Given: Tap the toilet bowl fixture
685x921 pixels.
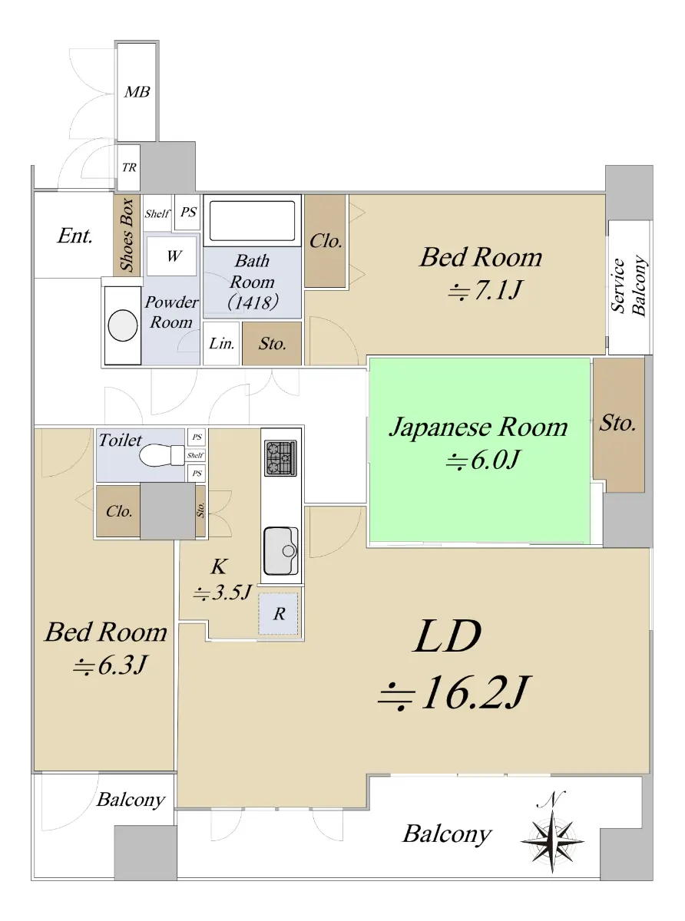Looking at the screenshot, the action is pos(162,456).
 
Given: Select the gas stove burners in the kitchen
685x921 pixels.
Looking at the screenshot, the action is pos(280,458).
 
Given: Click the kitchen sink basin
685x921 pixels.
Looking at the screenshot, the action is pos(280,550).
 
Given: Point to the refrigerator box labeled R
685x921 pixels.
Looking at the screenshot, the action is pos(278,614).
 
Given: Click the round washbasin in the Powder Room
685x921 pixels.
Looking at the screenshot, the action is pos(123,325).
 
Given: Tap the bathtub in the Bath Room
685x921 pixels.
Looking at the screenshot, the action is pos(252,220).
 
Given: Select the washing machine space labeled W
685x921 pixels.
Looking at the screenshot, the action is pos(171,256).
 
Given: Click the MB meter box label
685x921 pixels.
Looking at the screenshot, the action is pos(137,92).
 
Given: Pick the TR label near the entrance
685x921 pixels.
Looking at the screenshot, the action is pos(129,167).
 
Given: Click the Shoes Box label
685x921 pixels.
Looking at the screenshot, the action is pos(127,235).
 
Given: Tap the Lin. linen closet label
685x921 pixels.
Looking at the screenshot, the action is pos(221,343).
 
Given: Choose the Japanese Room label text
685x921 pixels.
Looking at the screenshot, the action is pos(478,427).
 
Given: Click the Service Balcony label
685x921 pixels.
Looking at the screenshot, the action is pos(628,286).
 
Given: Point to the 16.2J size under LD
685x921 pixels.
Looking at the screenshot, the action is pos(454,692).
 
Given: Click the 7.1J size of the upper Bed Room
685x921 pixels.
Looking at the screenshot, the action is pos(485,289).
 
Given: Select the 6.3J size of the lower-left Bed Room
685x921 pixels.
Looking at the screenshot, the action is pos(110,665).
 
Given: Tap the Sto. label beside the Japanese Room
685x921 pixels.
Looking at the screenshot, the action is pos(617,423).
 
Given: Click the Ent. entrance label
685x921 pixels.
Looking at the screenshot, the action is pos(74,236).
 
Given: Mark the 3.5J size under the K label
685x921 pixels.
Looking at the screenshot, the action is pos(223,592).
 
